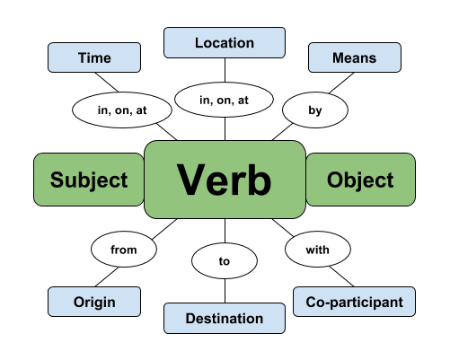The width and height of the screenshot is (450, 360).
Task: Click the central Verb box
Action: tap(224, 180)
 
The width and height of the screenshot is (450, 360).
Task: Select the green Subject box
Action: tap(88, 180)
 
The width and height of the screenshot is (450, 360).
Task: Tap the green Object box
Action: tap(360, 180)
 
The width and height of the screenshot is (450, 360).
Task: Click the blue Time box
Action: tap(93, 58)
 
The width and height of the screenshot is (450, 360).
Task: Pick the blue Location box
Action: tap(224, 42)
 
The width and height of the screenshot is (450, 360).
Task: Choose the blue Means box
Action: tap(353, 58)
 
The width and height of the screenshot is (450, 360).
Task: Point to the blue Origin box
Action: tap(94, 302)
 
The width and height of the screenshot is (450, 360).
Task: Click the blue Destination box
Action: tap(224, 318)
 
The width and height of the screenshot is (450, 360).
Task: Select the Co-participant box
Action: tap(355, 302)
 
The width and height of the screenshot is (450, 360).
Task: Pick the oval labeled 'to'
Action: tap(224, 260)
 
